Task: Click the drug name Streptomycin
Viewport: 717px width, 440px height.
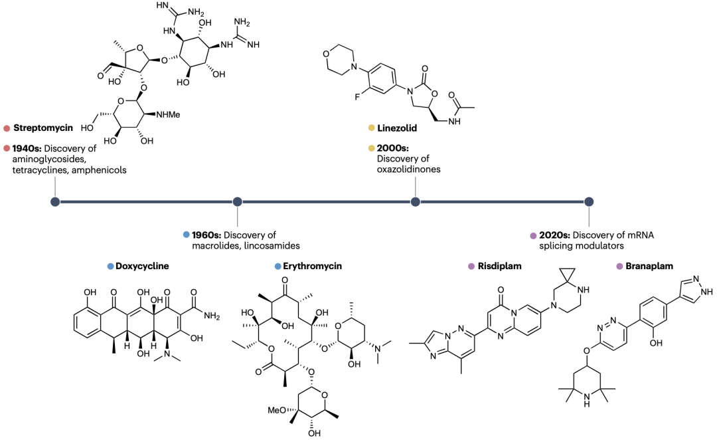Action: (43, 128)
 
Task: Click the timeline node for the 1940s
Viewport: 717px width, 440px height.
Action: (55, 201)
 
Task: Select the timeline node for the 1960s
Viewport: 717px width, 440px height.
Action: (237, 201)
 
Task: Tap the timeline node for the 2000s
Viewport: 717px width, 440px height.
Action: (415, 201)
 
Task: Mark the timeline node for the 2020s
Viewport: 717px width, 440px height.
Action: (589, 201)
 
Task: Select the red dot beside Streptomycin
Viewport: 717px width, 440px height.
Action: (6, 128)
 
